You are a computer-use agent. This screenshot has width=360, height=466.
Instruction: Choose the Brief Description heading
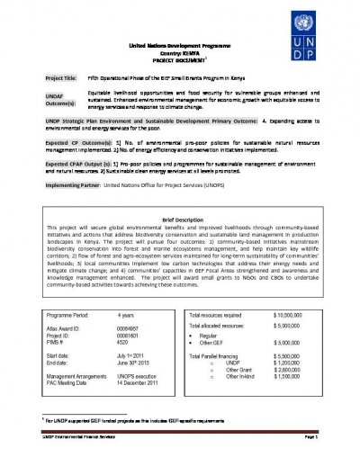tap(179, 220)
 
